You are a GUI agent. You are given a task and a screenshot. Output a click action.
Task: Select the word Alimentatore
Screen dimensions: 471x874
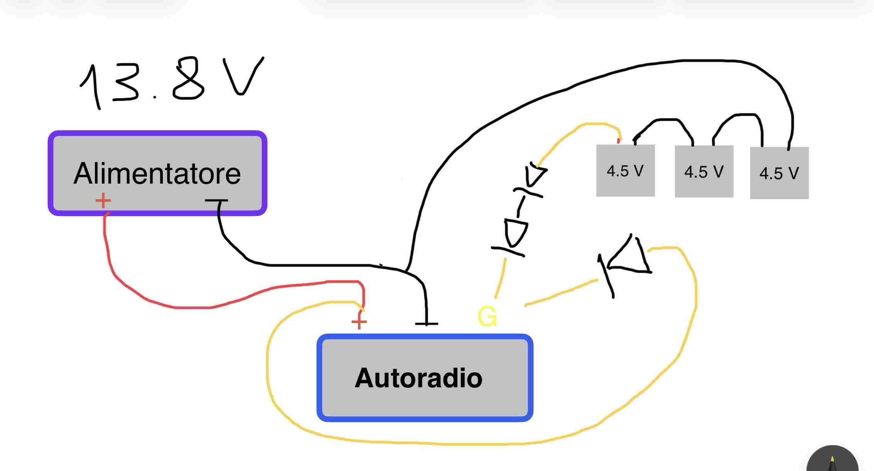[x=157, y=174]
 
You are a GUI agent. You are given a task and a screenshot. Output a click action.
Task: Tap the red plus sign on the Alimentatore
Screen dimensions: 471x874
[x=103, y=201]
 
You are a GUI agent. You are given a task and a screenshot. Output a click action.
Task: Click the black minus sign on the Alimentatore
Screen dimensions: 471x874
[x=216, y=201]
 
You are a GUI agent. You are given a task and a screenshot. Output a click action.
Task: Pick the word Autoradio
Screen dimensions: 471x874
[x=418, y=378]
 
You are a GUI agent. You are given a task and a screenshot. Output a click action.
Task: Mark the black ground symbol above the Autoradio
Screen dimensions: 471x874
[x=427, y=322]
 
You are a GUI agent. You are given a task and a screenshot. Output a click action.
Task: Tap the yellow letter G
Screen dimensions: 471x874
[x=487, y=317]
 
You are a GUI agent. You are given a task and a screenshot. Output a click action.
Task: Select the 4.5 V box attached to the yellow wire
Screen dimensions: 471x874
[x=625, y=171]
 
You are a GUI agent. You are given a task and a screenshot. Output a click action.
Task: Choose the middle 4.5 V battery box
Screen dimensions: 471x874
[x=704, y=172]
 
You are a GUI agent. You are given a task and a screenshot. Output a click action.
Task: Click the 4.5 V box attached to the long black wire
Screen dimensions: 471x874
[x=779, y=173]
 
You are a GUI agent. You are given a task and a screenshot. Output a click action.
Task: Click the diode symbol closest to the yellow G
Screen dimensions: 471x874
[x=513, y=235]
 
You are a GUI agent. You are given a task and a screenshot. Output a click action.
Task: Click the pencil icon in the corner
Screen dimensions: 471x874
[x=832, y=461]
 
